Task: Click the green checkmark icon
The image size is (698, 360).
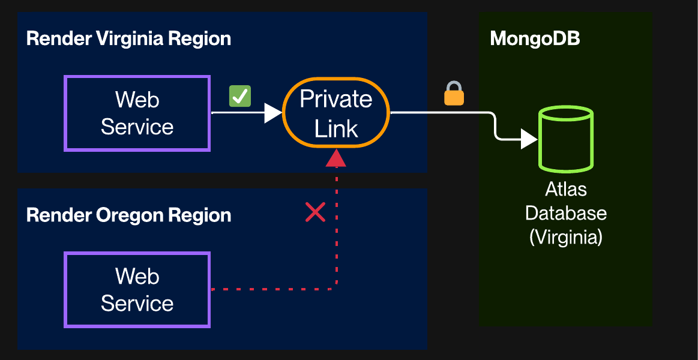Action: [240, 96]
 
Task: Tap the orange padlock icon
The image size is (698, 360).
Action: [454, 94]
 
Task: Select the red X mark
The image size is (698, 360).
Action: [315, 212]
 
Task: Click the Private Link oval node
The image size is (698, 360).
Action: [336, 113]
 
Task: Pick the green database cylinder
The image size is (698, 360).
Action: [566, 138]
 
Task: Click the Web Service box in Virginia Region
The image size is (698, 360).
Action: [137, 113]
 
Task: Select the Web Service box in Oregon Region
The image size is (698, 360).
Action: [137, 290]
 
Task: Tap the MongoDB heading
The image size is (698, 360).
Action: [535, 39]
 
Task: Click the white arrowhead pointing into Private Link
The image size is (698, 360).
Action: [273, 113]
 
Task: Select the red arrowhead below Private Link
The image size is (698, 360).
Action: [336, 158]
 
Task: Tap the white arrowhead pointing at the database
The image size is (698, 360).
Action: [529, 139]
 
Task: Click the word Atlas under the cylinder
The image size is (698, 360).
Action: [566, 190]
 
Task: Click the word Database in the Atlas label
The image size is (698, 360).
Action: [566, 213]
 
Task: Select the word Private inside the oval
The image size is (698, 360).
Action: [336, 99]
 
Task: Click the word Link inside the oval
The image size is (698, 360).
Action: [336, 128]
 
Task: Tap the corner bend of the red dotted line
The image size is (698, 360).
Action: [334, 288]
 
